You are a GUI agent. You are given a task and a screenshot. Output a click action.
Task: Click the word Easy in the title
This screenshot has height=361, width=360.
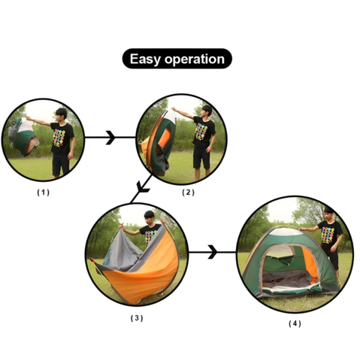[x=145, y=59]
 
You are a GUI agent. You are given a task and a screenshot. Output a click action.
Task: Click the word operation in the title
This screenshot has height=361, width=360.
[x=195, y=59]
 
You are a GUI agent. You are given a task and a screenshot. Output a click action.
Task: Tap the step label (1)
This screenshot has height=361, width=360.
[x=43, y=193]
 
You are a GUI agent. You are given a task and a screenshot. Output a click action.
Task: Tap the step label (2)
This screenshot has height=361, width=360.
[x=188, y=193]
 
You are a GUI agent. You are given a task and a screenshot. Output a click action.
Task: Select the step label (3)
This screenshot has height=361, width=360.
[x=137, y=318]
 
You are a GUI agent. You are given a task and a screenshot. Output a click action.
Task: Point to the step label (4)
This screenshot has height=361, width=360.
[x=295, y=323]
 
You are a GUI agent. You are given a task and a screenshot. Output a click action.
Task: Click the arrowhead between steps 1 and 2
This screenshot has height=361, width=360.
[x=110, y=138]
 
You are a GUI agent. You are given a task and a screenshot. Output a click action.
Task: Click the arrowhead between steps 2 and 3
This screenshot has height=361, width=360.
[x=142, y=188]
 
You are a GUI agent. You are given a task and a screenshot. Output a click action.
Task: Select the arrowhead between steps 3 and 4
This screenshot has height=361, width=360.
[x=213, y=252]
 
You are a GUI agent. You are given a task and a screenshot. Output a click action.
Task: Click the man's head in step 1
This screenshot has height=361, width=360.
[x=62, y=115]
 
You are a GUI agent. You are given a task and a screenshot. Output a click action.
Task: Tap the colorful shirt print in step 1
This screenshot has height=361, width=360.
[x=59, y=138]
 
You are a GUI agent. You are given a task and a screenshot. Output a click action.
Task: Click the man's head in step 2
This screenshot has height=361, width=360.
[x=207, y=111]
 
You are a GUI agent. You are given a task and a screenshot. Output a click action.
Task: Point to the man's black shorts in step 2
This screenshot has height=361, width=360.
[x=201, y=158]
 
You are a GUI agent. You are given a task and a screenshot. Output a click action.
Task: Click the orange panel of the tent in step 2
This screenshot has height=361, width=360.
[x=164, y=138]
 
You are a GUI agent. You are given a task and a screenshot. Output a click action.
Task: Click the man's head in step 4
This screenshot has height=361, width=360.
[x=329, y=214]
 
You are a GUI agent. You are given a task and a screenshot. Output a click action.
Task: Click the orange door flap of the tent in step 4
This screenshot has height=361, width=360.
[x=310, y=264]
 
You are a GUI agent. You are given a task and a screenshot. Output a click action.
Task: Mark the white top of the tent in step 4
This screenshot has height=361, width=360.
[x=286, y=231]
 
